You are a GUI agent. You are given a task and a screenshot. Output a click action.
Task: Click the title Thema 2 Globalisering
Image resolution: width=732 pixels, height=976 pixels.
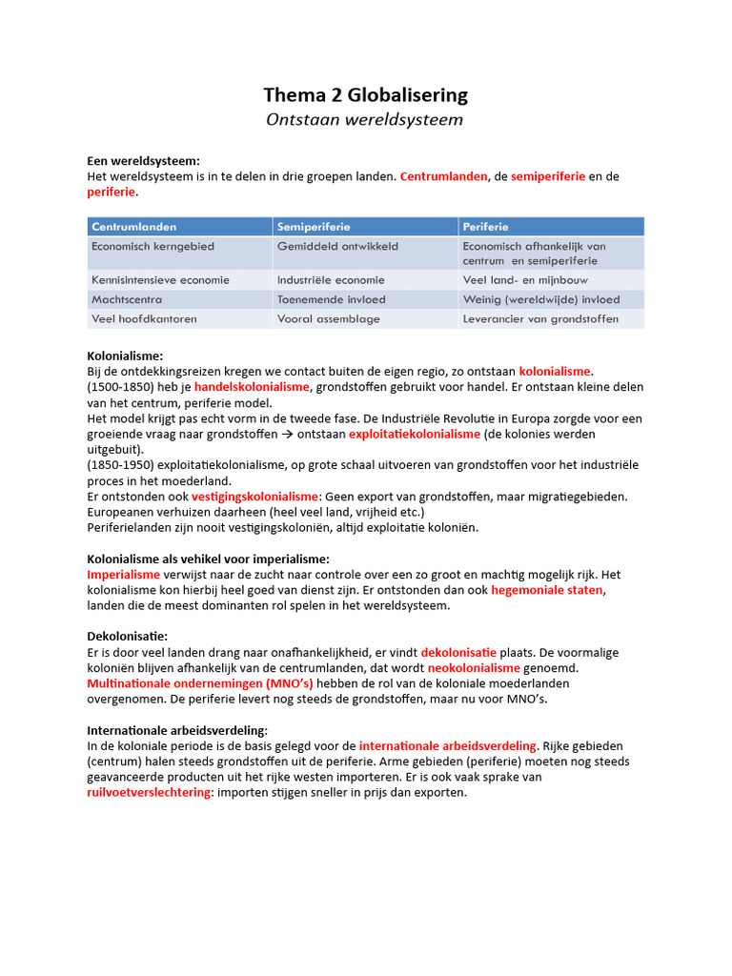point(365,94)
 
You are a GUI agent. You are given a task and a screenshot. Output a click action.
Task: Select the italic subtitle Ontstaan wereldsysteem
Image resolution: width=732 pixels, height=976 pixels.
point(365,119)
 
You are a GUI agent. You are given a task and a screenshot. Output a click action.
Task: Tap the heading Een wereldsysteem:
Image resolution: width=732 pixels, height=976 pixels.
point(143,161)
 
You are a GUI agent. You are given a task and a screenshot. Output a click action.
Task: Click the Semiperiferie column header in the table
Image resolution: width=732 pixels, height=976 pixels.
point(314,227)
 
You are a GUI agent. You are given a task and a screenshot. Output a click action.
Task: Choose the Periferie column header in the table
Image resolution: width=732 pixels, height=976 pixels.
point(485,227)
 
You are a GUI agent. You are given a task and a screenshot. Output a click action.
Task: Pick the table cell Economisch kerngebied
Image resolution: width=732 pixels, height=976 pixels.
point(152,246)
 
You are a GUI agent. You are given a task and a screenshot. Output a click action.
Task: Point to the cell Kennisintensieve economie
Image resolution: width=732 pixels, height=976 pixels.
point(160,280)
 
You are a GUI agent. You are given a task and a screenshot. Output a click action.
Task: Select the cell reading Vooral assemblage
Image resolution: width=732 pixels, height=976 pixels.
point(328,319)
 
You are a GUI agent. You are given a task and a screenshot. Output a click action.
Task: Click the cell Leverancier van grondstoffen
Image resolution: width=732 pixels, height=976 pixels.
point(540,319)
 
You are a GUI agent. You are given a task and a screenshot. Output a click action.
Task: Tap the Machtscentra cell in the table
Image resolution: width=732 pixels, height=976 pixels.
point(126,299)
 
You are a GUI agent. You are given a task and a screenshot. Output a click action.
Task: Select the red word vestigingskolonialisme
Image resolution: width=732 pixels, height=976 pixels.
point(255,497)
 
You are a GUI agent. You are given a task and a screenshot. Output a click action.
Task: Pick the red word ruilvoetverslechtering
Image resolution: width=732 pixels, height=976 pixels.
point(148,792)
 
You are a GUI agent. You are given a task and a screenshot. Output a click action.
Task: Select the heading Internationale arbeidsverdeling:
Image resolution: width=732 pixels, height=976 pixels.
point(171,730)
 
